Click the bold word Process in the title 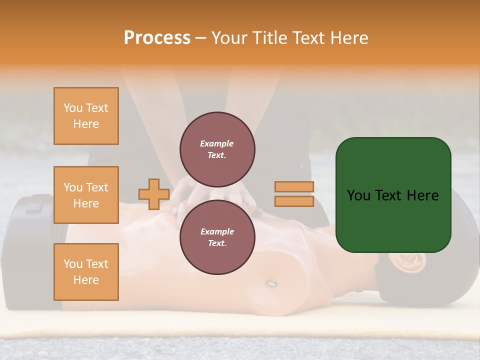click(x=157, y=38)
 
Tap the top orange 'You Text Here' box click(x=86, y=116)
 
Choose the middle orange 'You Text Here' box click(x=86, y=195)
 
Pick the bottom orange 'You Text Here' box click(x=86, y=272)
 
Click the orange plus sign click(x=154, y=194)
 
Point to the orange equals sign click(x=294, y=194)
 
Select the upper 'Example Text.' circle click(x=217, y=149)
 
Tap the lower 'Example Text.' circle click(x=217, y=237)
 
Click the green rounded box click(x=393, y=195)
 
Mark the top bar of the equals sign click(x=294, y=187)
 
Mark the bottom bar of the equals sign click(x=294, y=201)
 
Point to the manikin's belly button click(x=271, y=283)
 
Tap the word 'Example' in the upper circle click(x=217, y=143)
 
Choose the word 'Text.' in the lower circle click(x=217, y=243)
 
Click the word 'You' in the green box click(x=358, y=195)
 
